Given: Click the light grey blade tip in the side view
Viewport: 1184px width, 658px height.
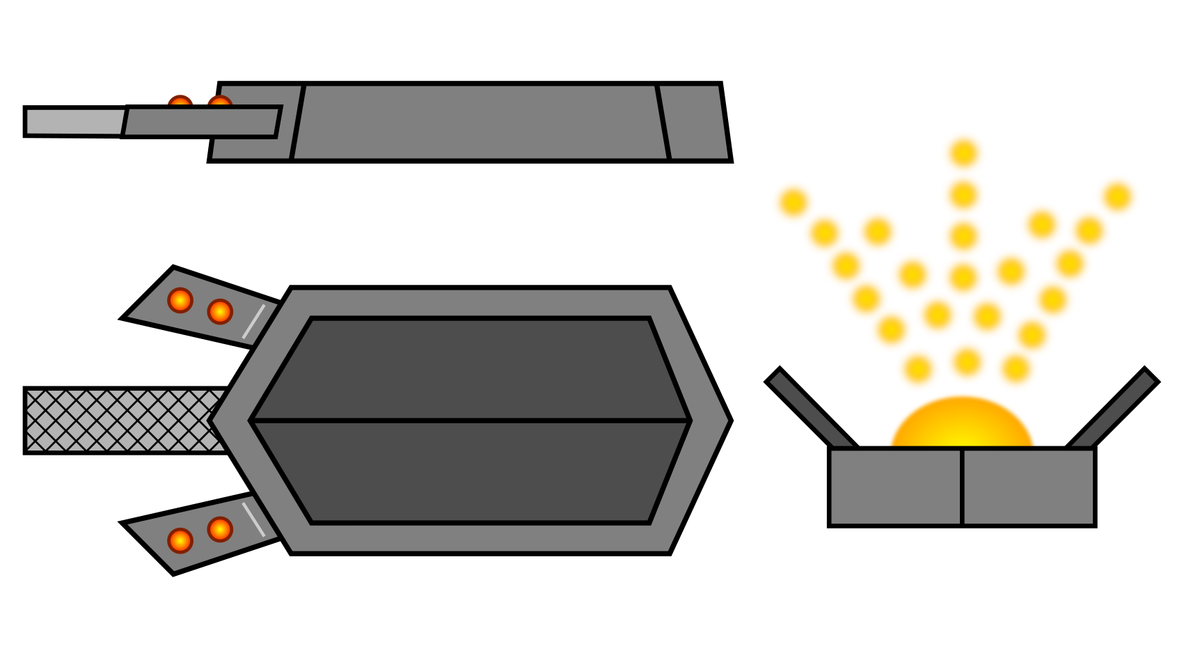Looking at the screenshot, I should click(75, 121).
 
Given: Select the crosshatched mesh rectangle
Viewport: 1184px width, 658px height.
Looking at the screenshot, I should click(125, 420).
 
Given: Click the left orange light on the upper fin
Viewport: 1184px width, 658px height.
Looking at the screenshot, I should click(180, 300).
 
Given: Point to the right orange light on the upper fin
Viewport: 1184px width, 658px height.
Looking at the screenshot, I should click(220, 311).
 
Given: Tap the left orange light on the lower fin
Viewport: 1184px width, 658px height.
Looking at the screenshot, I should click(180, 540).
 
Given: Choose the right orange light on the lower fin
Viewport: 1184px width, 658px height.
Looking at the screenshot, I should click(220, 529).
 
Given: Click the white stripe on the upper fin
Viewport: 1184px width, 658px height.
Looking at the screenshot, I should click(253, 321).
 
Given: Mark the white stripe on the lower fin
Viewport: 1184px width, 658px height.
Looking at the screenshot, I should click(253, 519).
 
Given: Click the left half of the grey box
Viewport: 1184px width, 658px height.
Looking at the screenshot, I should click(895, 487).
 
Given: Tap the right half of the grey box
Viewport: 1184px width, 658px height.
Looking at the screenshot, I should click(1028, 487).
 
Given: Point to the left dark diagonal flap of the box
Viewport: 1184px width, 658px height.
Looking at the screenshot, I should click(807, 408).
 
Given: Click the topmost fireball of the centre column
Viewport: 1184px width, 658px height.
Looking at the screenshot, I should click(963, 153).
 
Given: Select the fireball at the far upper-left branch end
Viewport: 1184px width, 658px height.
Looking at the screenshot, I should click(793, 203).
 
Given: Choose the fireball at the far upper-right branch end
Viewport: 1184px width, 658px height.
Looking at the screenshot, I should click(1117, 197).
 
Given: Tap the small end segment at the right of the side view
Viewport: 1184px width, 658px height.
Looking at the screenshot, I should click(694, 122).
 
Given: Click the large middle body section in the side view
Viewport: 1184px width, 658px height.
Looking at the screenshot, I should click(480, 122).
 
